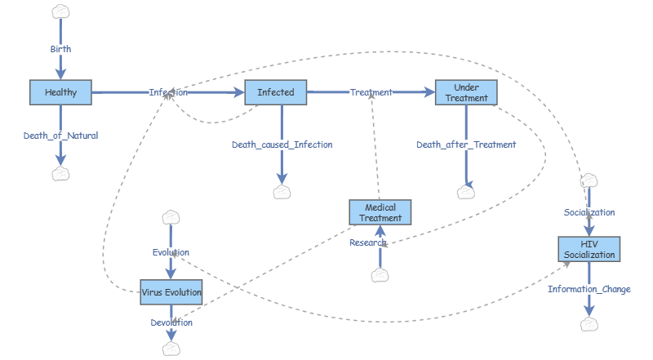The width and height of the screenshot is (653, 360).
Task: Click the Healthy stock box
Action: (x=61, y=92)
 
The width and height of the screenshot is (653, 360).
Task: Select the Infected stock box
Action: (x=276, y=92)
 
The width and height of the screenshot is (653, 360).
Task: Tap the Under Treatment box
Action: (x=466, y=92)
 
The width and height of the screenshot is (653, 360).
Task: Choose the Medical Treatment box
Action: (x=380, y=212)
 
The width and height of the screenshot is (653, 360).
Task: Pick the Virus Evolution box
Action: (x=171, y=291)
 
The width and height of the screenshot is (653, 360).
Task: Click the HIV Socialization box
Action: (x=589, y=249)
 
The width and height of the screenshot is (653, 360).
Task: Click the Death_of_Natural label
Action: (x=61, y=136)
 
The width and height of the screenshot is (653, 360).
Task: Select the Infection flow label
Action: (x=168, y=92)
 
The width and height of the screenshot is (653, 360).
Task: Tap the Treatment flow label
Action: (x=371, y=92)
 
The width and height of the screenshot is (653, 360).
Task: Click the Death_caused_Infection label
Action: (x=282, y=144)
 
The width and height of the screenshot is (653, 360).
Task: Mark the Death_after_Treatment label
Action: (x=466, y=144)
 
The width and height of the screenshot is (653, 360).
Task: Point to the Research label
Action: (x=368, y=242)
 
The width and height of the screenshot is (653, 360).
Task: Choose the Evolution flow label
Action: (x=171, y=252)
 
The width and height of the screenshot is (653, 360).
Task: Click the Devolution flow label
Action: (x=171, y=322)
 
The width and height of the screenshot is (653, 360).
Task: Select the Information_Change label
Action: (x=589, y=289)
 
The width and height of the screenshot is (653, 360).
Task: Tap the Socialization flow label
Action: (x=589, y=212)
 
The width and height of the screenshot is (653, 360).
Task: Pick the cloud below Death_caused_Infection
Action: (x=282, y=192)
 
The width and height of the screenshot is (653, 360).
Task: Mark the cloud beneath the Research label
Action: (x=380, y=275)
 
